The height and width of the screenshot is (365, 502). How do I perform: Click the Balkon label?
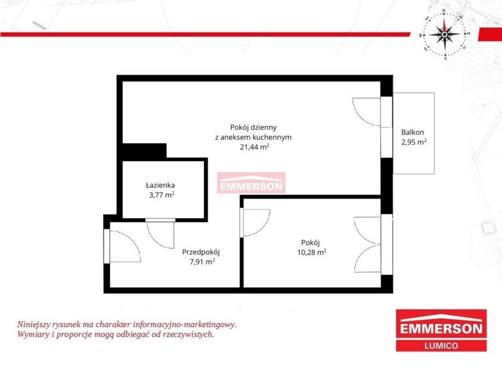coord(412,132)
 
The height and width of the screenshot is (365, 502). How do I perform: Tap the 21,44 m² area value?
coord(255,147)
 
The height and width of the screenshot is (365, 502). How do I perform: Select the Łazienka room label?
coord(160,185)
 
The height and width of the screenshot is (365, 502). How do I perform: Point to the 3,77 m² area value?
coord(161,195)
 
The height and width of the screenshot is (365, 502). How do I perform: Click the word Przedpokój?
coord(201,252)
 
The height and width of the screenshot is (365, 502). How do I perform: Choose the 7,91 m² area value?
coord(202,262)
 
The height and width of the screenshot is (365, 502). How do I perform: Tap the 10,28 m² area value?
coord(312,252)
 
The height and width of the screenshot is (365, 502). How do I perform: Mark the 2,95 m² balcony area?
coord(414,142)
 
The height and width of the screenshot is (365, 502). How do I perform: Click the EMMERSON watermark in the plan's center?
coord(251,183)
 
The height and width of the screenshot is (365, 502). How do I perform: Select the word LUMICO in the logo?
coord(441,346)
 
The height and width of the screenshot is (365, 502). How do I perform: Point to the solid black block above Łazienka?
coord(144,151)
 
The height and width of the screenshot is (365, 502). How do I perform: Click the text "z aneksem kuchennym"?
coord(253,137)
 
